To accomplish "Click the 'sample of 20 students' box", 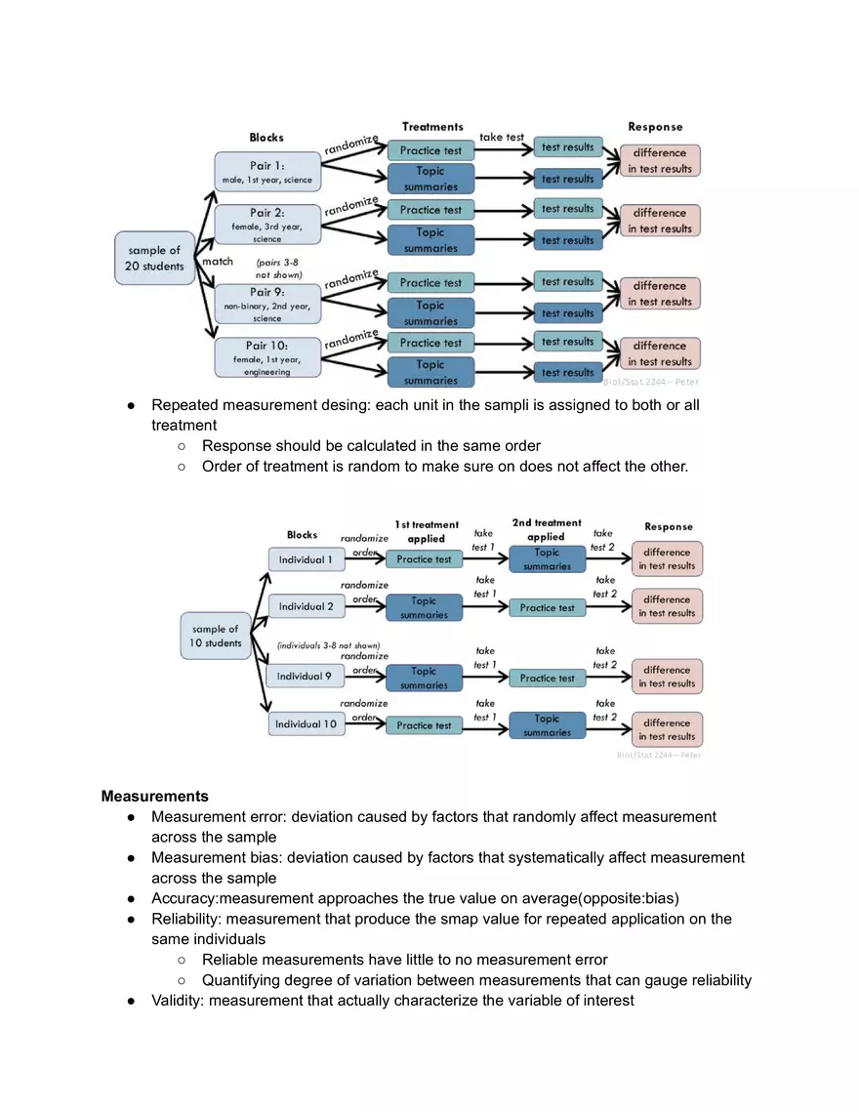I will click(x=154, y=258).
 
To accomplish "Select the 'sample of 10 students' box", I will click(x=216, y=636).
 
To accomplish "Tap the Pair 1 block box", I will click(x=267, y=171).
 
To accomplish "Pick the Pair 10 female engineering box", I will click(x=267, y=357).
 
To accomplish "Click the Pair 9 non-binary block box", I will click(x=267, y=305).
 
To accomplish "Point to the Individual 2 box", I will click(x=306, y=606).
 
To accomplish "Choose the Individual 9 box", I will click(x=306, y=676).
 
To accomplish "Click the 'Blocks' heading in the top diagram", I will click(x=266, y=138).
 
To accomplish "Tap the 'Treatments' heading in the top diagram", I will click(x=432, y=127).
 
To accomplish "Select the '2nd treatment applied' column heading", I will click(x=547, y=529).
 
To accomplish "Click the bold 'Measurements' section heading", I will click(x=154, y=796).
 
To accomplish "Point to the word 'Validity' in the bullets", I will click(x=177, y=1000).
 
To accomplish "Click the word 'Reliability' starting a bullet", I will click(x=183, y=919).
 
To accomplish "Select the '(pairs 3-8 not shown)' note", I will click(x=280, y=268).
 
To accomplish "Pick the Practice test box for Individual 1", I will click(x=424, y=559).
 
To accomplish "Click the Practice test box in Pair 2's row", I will click(x=430, y=210).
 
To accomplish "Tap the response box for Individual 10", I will click(x=668, y=729).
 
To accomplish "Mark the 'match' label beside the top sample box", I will click(x=217, y=262).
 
